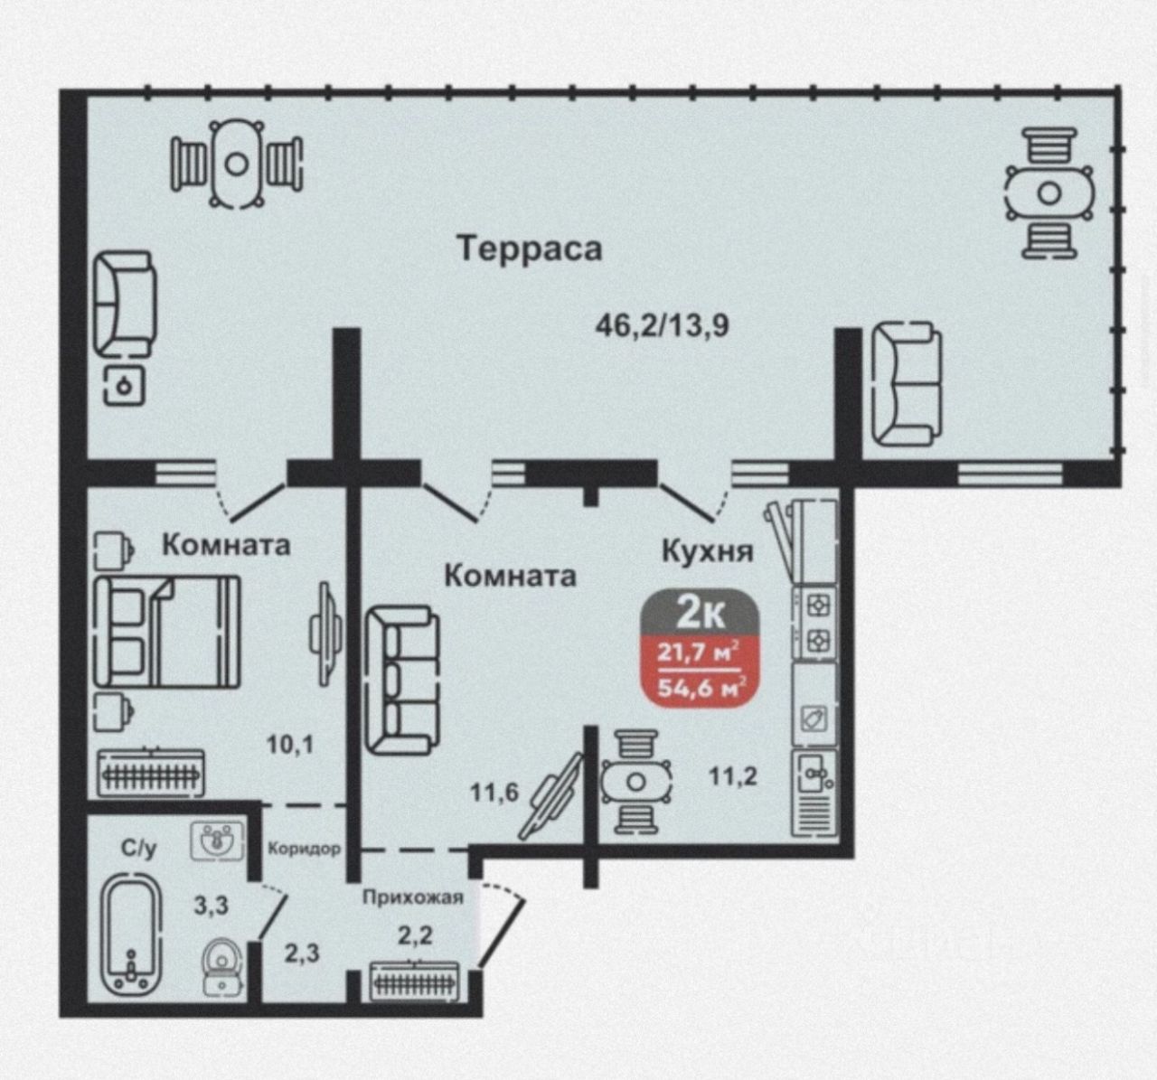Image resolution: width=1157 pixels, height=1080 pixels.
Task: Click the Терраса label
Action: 529,249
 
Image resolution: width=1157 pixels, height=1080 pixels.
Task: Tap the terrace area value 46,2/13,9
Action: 662,325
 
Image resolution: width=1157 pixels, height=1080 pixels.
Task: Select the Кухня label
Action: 707,550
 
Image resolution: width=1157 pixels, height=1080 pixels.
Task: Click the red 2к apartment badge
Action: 701,648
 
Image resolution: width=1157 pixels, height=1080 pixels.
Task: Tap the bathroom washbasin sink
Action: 217,840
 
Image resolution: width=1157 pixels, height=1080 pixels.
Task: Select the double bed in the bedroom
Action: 167,632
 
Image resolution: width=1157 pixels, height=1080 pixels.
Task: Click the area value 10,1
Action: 289,744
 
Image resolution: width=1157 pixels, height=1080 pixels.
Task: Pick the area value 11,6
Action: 494,793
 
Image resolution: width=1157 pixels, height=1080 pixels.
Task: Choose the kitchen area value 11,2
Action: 733,776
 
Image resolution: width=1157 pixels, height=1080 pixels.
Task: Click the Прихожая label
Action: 412,897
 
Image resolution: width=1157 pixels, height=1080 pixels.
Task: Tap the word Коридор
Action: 304,849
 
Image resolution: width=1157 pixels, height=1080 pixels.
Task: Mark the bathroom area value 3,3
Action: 211,906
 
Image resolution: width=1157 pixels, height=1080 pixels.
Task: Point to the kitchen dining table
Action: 635,782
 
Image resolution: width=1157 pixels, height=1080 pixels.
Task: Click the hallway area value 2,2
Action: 416,935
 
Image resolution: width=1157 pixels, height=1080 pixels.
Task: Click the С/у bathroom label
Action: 138,849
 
